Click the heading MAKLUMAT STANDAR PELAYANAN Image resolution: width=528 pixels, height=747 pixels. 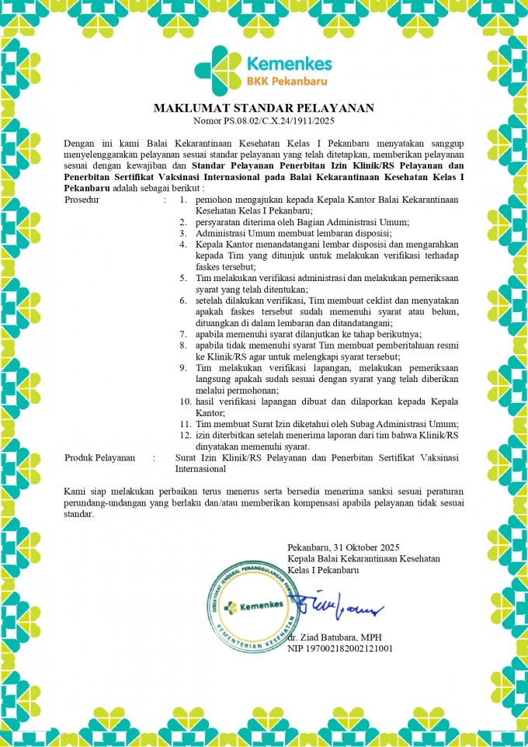264,107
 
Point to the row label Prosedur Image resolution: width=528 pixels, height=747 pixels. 83,200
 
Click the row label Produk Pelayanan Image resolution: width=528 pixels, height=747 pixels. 100,458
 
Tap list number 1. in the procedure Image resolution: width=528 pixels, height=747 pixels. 183,200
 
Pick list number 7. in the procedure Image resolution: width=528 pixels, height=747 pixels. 183,334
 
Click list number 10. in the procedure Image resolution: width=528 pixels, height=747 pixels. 185,401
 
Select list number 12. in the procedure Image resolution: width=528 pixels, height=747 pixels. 185,435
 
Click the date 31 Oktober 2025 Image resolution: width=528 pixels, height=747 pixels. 364,547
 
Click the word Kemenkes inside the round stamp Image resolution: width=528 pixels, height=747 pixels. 260,606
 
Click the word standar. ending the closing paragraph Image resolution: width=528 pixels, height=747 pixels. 78,514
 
